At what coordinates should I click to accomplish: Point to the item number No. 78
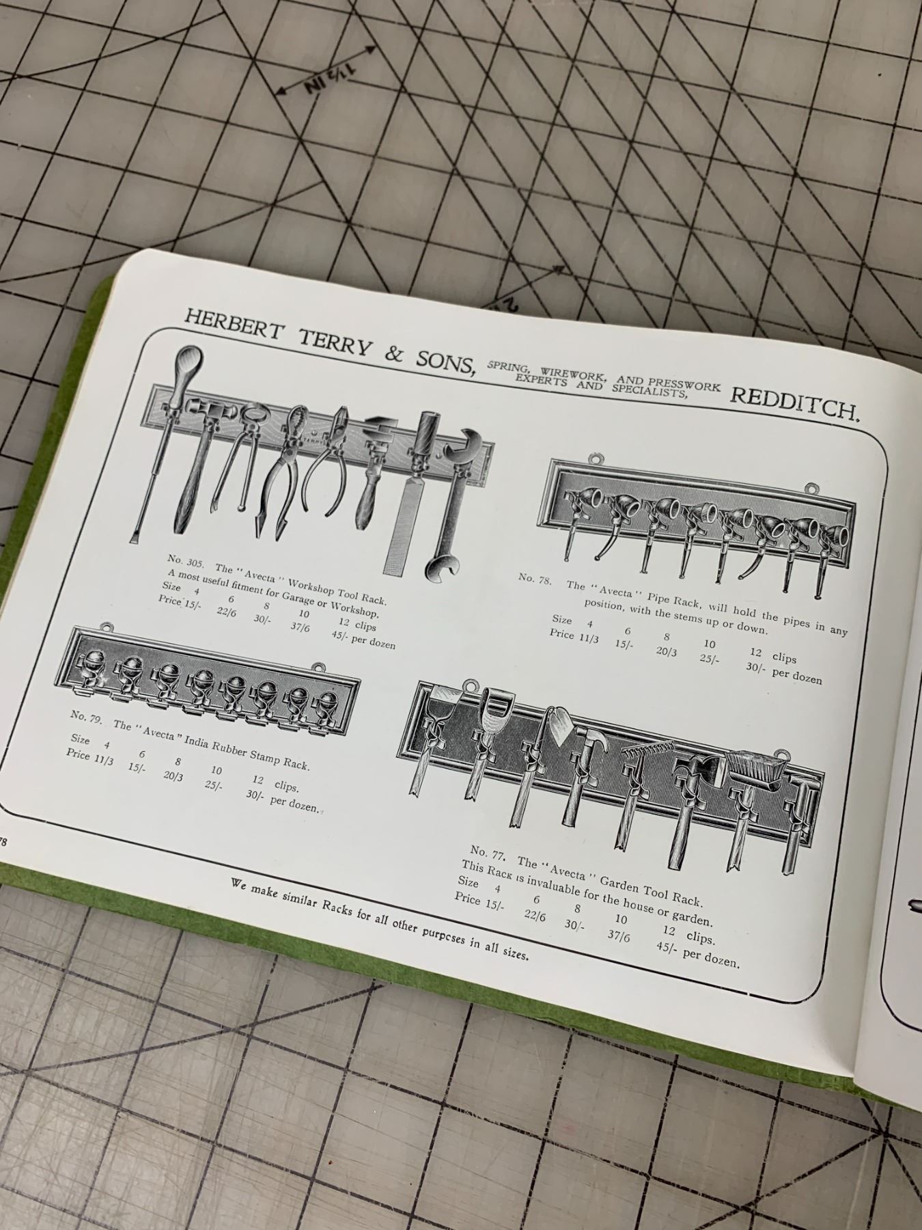[535, 578]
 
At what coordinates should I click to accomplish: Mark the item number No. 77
[487, 853]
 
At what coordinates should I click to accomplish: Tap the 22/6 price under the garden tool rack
[534, 916]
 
